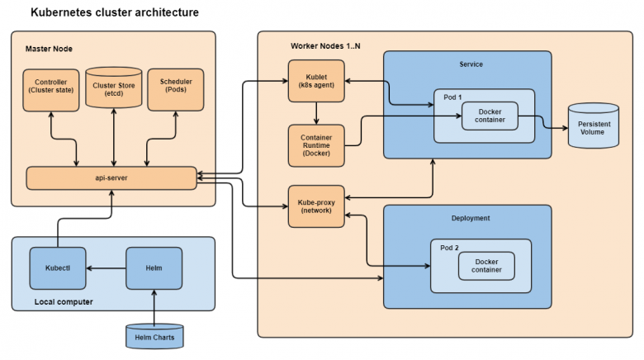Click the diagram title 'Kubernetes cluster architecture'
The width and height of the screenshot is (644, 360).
tap(114, 13)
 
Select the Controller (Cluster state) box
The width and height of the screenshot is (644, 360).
tap(51, 88)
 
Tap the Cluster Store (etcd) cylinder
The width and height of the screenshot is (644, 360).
tap(113, 88)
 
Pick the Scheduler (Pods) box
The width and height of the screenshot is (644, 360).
tap(174, 88)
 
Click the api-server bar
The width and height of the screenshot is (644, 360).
tap(111, 177)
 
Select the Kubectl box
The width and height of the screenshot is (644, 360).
tap(57, 268)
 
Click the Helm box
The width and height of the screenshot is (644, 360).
tap(154, 268)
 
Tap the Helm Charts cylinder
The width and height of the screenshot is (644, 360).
tap(154, 336)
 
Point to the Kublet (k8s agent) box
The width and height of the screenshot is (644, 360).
tap(315, 81)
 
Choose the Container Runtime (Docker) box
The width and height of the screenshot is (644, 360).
tap(315, 145)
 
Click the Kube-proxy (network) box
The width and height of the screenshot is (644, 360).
tap(315, 206)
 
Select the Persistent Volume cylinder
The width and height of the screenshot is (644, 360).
tap(593, 126)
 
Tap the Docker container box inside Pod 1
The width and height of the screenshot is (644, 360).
tap(490, 117)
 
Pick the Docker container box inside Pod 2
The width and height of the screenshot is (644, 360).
tap(486, 266)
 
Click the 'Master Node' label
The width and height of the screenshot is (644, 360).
tap(49, 49)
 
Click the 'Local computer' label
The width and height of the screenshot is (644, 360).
tap(64, 301)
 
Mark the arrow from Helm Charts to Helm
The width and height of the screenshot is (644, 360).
tap(154, 306)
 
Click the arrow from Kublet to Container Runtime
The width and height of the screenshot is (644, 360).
tap(315, 113)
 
